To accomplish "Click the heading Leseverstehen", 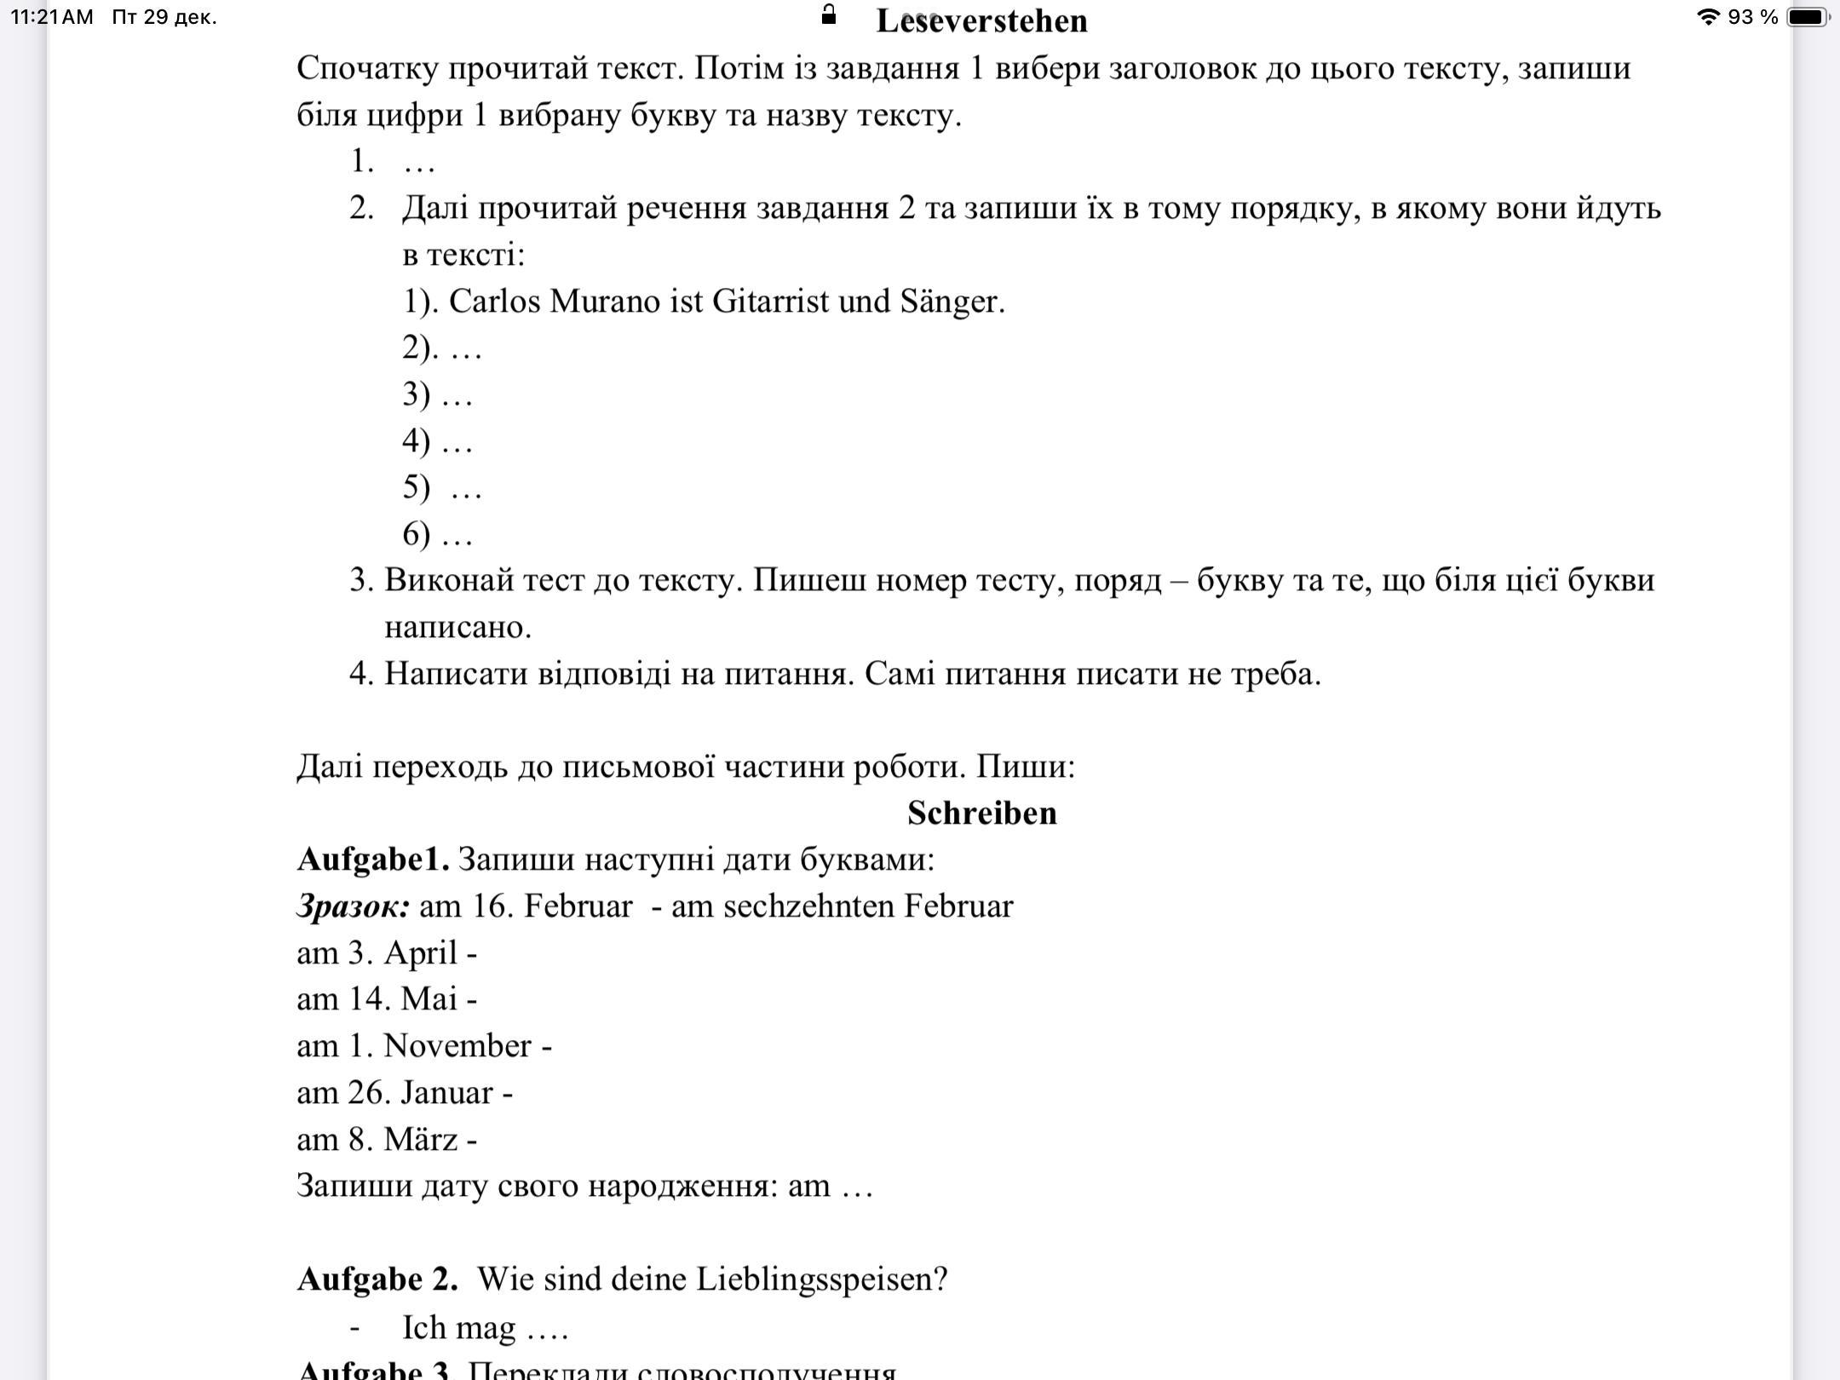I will click(981, 21).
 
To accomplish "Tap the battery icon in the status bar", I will click(1808, 17).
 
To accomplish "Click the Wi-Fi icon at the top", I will click(1708, 17).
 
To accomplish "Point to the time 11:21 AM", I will click(52, 17).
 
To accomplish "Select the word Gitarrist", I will click(769, 302).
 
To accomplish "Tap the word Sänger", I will click(952, 302).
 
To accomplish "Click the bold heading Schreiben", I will click(981, 813).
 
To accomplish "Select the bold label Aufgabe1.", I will click(372, 860).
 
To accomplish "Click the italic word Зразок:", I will click(353, 906).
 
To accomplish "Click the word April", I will click(421, 953).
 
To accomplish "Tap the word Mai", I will click(429, 999).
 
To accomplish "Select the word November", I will click(457, 1046).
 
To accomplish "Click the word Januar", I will click(446, 1093).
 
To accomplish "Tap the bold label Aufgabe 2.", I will click(377, 1279).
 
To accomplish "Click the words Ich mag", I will click(458, 1327).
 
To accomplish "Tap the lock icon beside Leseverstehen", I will click(828, 14).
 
